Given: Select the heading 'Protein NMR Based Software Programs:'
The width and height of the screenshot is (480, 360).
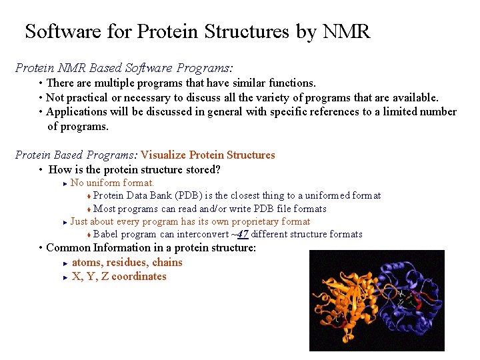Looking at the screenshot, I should [x=124, y=68].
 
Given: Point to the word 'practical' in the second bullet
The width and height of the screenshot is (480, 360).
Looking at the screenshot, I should [x=90, y=98].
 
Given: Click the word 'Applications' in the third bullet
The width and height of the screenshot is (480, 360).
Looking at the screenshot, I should [x=77, y=112].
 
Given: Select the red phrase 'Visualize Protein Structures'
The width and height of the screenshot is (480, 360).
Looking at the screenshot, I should [x=207, y=155].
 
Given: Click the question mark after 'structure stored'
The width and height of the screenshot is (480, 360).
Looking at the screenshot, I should [x=217, y=169].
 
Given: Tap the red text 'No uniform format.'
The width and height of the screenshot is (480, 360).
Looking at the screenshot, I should [x=112, y=183].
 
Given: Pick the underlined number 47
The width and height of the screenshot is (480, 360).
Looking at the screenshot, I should [x=243, y=234].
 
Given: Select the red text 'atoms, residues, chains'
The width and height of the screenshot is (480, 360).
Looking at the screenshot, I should [x=127, y=262].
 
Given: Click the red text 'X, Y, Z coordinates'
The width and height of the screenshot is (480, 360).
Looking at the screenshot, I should [x=119, y=276].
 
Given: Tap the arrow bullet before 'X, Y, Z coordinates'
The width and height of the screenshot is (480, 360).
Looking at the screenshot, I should [x=65, y=277].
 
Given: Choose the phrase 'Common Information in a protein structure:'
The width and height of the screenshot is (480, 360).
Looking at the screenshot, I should [x=151, y=247].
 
